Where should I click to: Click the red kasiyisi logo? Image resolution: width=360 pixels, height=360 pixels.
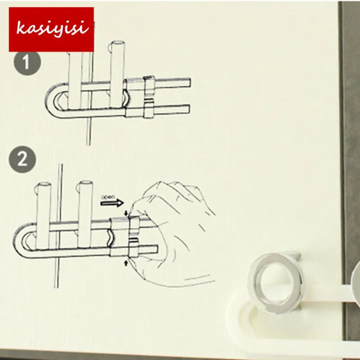[51, 29]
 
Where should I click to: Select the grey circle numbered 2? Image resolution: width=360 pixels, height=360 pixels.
[22, 159]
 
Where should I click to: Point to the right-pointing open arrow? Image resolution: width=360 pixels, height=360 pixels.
[112, 203]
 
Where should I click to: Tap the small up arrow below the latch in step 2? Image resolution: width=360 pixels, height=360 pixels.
[126, 263]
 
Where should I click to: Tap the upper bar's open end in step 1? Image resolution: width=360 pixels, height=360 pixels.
[188, 83]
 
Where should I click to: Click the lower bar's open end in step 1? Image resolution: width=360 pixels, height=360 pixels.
[188, 109]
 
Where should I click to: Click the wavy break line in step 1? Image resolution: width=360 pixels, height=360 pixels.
[126, 99]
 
